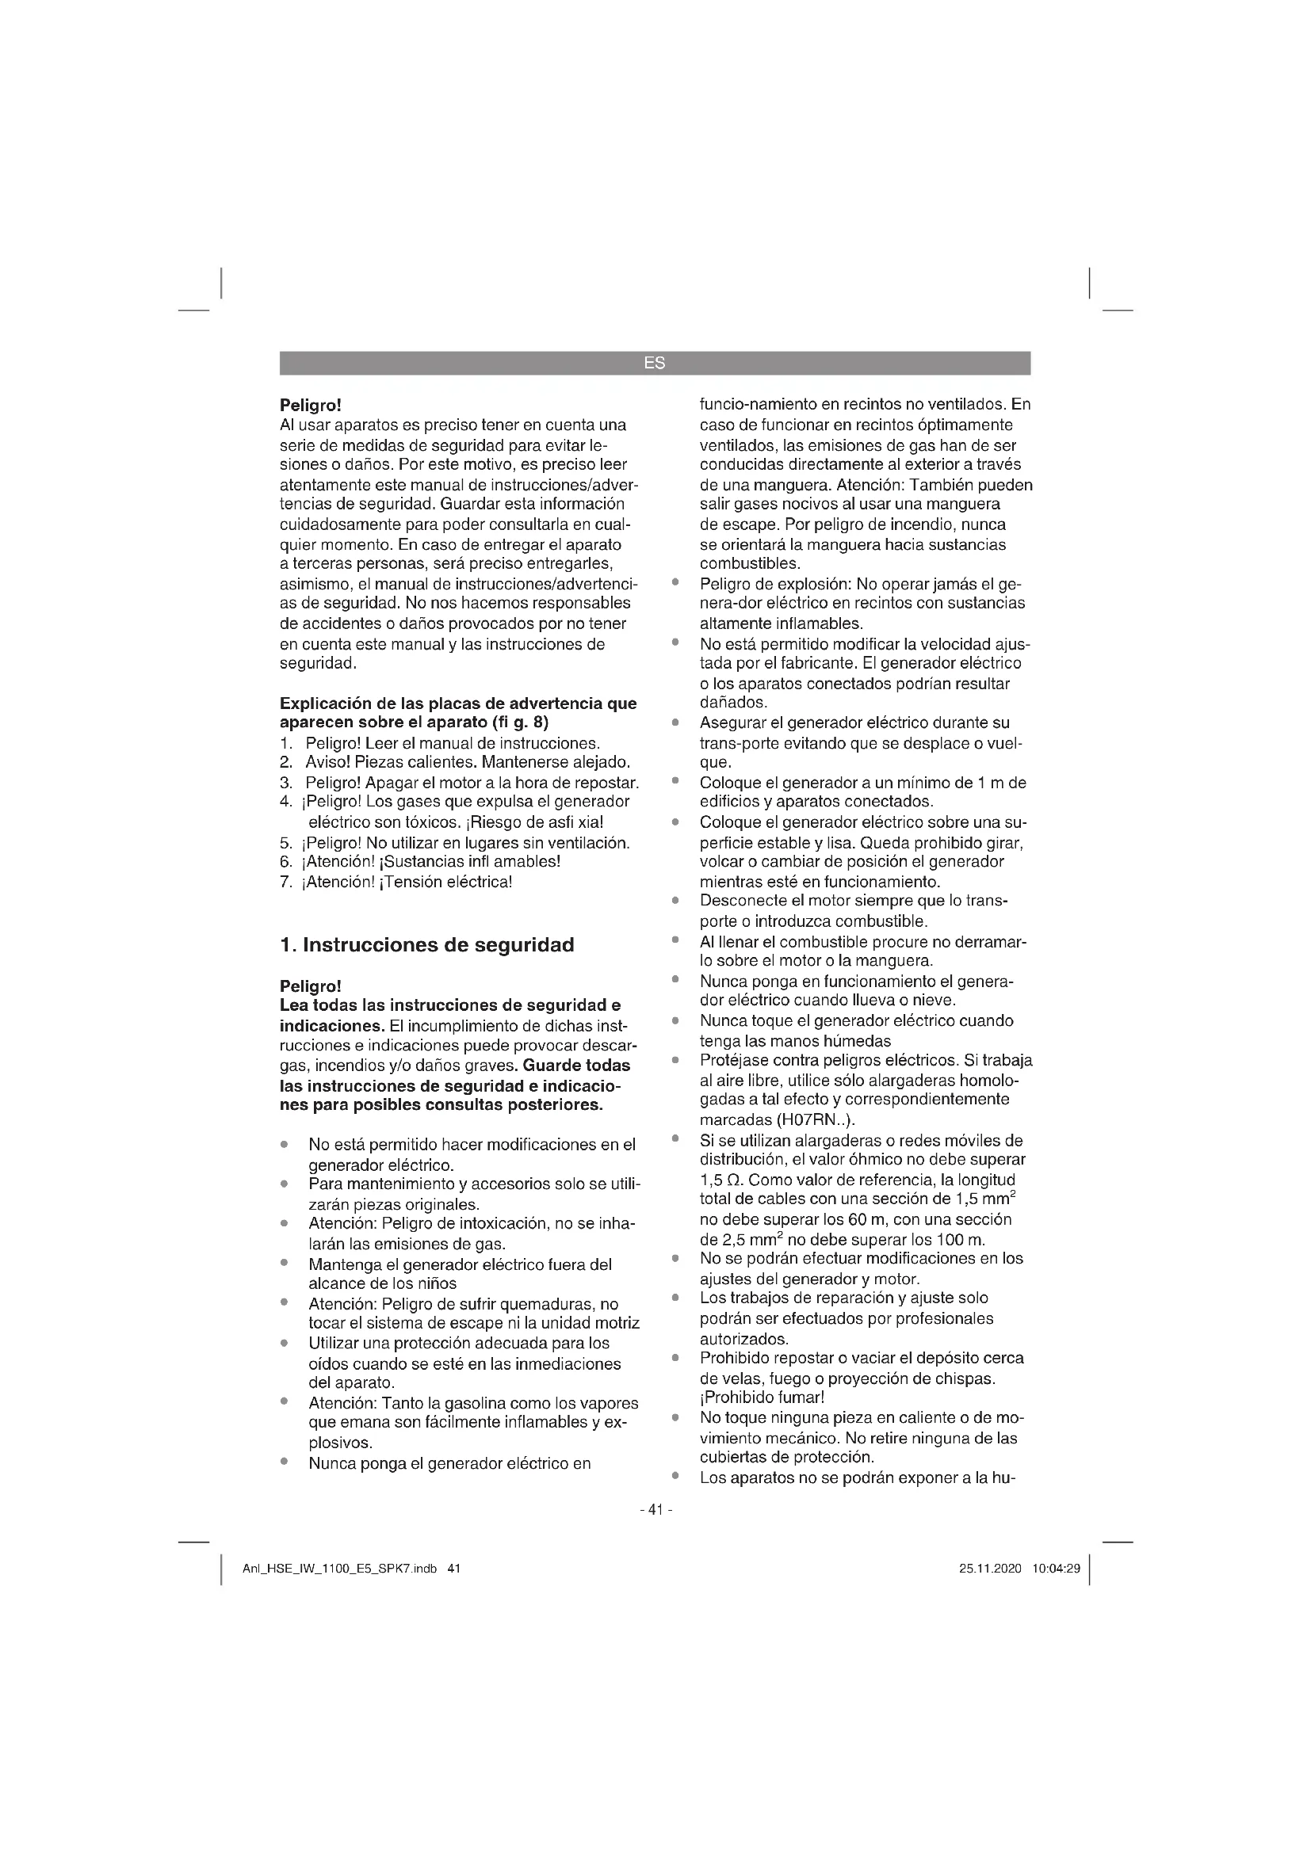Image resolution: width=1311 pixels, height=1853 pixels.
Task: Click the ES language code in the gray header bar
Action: click(655, 363)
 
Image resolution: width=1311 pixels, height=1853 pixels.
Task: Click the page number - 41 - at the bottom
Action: click(655, 1509)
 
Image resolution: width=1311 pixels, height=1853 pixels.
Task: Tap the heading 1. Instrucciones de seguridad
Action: click(427, 944)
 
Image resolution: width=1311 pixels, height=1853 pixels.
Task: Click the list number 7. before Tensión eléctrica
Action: click(286, 881)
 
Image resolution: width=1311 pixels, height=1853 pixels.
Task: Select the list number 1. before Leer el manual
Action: click(286, 742)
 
